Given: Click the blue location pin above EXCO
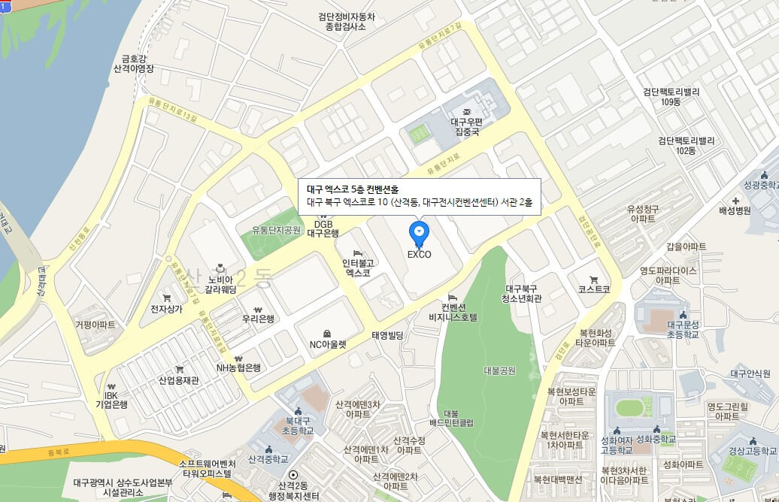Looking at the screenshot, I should pos(419,233).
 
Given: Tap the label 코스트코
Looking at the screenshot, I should pos(594,289).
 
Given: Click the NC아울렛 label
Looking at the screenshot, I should pos(328,344).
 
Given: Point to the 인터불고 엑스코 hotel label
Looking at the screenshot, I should pos(358,268).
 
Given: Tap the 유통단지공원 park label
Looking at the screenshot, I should pos(276,229).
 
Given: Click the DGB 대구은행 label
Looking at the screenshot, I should pos(323,228).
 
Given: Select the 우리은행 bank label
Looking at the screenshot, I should pos(258,318).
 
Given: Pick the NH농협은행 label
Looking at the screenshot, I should pos(238,367).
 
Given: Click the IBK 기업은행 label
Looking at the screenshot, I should pos(111,399).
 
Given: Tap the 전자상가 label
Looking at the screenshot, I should pos(166,308).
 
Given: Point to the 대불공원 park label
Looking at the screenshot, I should pos(500,370).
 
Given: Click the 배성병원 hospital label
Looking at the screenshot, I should pos(734,210).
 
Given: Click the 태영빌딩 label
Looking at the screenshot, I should pos(388,334).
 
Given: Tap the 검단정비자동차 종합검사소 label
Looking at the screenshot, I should pos(346,21).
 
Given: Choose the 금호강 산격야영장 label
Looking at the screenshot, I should pos(132,62).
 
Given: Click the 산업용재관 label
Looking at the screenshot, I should pos(178,380).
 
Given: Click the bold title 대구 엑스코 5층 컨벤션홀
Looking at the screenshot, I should pos(353,189).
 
